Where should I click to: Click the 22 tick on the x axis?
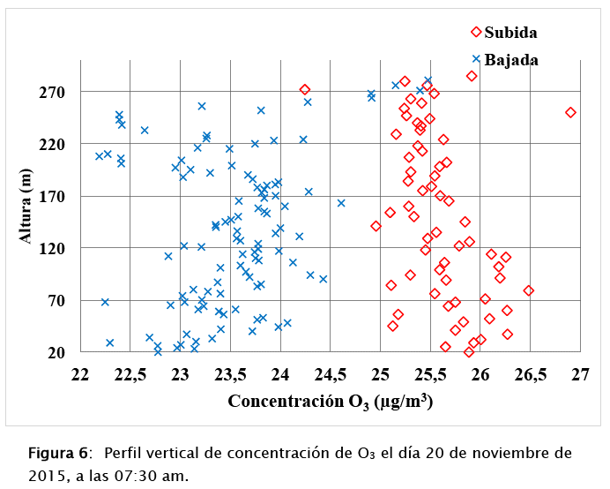tap(80, 374)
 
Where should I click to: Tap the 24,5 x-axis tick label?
tap(380, 374)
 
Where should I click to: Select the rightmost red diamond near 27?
tap(570, 113)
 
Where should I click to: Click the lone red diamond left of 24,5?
tap(305, 89)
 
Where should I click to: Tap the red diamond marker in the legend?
tap(476, 32)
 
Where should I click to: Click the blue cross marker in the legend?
tap(476, 59)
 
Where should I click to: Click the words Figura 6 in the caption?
tap(58, 454)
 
